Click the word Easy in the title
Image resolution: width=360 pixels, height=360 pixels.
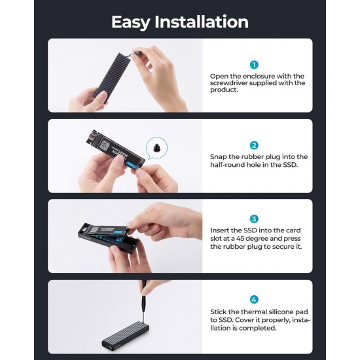tap(134, 22)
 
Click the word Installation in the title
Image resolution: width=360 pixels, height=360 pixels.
tap(203, 22)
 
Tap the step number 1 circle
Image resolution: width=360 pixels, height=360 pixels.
tap(254, 64)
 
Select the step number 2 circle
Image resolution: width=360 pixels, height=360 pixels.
tap(254, 145)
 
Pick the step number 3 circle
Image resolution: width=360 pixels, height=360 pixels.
tap(254, 219)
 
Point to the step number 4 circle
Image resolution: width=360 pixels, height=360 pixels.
tap(254, 299)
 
